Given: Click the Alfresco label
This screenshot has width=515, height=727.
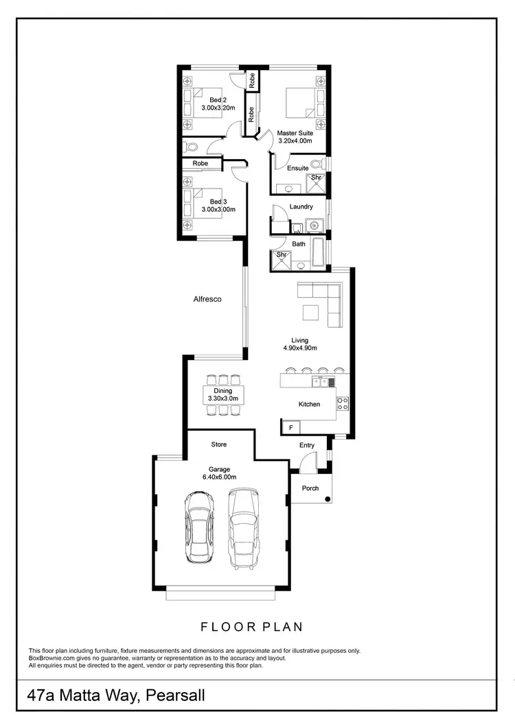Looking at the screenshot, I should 207,299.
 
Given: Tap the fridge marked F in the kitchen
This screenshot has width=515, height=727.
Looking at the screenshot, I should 290,427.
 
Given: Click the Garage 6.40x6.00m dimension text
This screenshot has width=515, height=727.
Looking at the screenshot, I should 218,477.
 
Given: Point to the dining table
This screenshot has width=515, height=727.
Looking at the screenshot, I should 222,394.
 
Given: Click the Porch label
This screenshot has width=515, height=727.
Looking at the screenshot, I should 310,488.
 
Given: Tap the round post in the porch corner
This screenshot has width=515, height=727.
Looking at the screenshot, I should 328,499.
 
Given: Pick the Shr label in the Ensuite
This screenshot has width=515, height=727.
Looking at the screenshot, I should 316,178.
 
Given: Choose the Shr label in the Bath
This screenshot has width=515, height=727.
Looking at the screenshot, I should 281,255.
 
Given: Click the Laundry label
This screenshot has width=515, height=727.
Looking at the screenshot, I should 301,206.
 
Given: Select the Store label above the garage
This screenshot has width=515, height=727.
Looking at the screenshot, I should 218,444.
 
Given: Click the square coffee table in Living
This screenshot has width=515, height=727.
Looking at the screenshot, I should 311,312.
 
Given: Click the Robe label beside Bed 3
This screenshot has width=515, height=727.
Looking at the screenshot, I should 200,164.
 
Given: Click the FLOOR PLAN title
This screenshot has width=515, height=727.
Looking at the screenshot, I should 251,626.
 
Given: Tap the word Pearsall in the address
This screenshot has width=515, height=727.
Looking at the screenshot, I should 174,697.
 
